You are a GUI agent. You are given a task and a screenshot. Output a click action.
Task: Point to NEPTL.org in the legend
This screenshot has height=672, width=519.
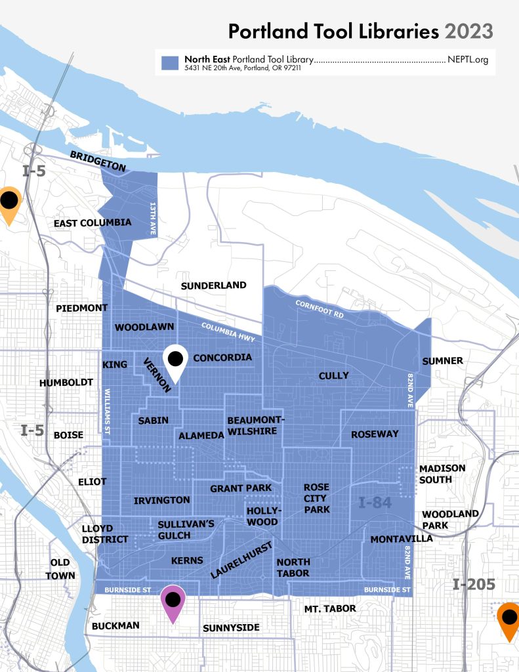pyautogui.click(x=468, y=60)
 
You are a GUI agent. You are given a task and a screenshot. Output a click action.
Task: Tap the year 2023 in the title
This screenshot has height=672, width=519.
pyautogui.click(x=468, y=30)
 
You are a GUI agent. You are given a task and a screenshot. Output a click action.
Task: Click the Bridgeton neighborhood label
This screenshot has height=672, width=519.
pyautogui.click(x=97, y=161)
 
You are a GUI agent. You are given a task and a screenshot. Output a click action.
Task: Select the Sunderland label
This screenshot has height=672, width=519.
pyautogui.click(x=213, y=285)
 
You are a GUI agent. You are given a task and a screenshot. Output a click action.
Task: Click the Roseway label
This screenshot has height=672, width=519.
pyautogui.click(x=375, y=434)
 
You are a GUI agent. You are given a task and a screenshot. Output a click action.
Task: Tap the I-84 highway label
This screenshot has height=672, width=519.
pyautogui.click(x=375, y=503)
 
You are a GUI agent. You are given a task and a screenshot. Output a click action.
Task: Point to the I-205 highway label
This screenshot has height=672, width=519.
pyautogui.click(x=473, y=585)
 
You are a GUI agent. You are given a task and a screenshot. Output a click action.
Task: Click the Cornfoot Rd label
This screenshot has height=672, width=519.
pyautogui.click(x=320, y=310)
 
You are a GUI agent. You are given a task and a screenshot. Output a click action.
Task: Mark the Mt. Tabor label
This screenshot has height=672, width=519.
pyautogui.click(x=330, y=609)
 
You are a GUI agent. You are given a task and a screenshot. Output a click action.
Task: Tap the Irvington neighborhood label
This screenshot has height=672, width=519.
pyautogui.click(x=161, y=500)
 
